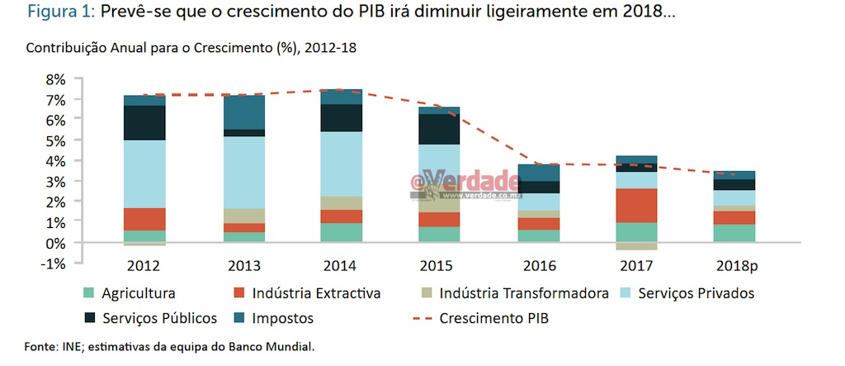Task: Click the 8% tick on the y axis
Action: pos(53,79)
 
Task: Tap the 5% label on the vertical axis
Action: pos(53,140)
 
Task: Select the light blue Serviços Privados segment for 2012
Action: pos(145,173)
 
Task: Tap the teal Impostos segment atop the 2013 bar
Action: pos(244,112)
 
